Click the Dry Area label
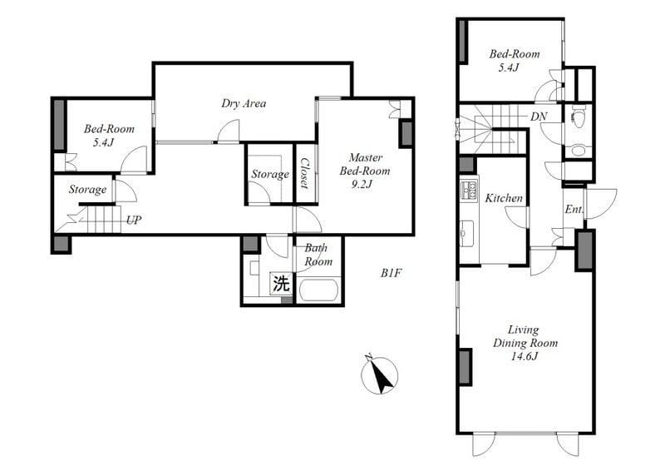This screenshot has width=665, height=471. click(x=244, y=103)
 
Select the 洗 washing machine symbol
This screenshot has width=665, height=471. click(x=281, y=283)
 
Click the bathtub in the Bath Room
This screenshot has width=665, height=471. click(x=318, y=290)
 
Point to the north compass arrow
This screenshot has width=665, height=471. click(x=380, y=375)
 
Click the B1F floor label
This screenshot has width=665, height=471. click(x=391, y=273)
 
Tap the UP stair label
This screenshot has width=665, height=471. click(x=134, y=220)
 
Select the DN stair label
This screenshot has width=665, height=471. click(x=539, y=117)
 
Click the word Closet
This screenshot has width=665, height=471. click(x=304, y=173)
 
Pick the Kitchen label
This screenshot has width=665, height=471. click(x=504, y=198)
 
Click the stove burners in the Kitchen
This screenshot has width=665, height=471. click(x=469, y=190)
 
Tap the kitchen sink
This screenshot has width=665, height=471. click(x=469, y=234)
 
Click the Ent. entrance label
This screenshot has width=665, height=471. click(x=574, y=210)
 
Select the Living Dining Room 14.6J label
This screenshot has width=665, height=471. click(x=525, y=343)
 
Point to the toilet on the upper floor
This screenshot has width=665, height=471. click(x=576, y=116)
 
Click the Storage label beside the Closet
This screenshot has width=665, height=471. click(x=270, y=174)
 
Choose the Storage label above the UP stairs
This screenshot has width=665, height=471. click(x=88, y=190)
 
